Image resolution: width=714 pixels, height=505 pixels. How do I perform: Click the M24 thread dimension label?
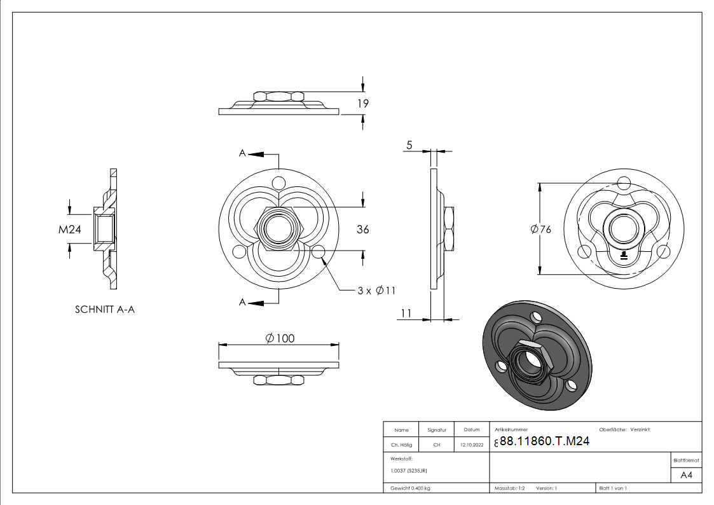[71, 230]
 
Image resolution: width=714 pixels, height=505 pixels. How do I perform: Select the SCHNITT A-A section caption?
[105, 310]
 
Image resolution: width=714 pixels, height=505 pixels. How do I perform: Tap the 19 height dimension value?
[363, 103]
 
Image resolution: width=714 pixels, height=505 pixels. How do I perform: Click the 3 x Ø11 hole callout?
[376, 291]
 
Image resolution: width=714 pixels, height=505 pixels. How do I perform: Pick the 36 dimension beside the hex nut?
[362, 230]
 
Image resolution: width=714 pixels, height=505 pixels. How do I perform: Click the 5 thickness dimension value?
[409, 146]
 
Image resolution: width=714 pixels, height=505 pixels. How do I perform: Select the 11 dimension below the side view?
[407, 313]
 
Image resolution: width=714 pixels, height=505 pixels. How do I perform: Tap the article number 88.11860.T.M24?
[544, 442]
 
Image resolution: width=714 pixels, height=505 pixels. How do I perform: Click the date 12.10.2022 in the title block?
[471, 445]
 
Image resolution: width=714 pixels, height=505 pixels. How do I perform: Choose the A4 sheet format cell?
[686, 475]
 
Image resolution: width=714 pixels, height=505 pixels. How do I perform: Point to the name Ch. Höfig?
[401, 445]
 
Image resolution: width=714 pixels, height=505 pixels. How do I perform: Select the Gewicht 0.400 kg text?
[410, 488]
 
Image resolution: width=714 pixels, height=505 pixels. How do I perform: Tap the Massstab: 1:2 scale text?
[510, 488]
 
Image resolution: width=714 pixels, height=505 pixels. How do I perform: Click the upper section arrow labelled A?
[243, 153]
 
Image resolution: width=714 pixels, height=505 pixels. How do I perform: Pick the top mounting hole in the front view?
[278, 183]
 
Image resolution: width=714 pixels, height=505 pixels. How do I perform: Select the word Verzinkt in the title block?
[640, 430]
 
